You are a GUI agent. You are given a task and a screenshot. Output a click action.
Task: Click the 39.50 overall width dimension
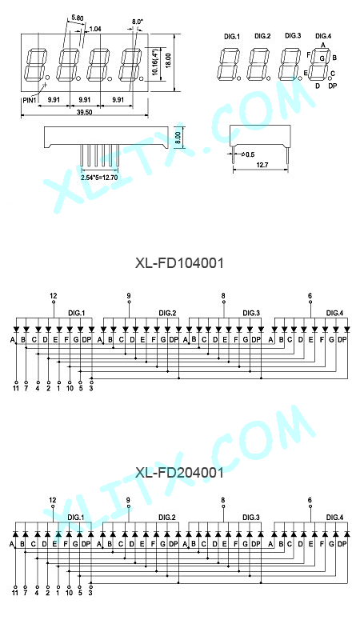(84, 112)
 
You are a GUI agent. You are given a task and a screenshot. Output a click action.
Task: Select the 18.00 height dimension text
(168, 61)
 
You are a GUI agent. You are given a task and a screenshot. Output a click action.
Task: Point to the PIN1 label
(30, 100)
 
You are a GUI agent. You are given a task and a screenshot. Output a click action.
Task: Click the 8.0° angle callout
(137, 22)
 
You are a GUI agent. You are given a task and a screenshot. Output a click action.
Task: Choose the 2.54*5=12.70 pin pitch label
(99, 178)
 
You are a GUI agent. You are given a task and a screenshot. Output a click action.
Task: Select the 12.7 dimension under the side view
(262, 165)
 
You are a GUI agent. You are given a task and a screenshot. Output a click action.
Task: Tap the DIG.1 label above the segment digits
(232, 36)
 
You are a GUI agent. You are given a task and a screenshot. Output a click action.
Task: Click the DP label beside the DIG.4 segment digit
(332, 86)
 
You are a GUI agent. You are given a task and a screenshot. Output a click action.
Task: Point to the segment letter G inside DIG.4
(322, 58)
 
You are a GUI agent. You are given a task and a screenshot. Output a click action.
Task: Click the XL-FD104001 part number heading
(179, 262)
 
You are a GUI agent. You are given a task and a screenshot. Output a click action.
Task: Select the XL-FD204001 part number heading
(179, 472)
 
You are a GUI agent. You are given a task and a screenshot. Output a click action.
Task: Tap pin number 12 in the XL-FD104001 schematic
(54, 296)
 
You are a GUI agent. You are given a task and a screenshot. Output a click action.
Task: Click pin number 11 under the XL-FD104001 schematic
(16, 389)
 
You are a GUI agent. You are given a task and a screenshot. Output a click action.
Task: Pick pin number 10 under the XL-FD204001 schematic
(70, 593)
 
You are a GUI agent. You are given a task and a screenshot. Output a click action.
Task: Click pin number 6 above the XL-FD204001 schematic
(310, 500)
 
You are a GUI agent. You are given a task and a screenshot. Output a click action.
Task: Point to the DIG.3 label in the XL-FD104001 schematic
(251, 313)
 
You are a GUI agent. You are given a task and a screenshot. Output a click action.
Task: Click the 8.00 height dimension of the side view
(178, 137)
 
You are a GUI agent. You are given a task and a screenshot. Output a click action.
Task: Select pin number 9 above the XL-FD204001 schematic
(128, 500)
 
